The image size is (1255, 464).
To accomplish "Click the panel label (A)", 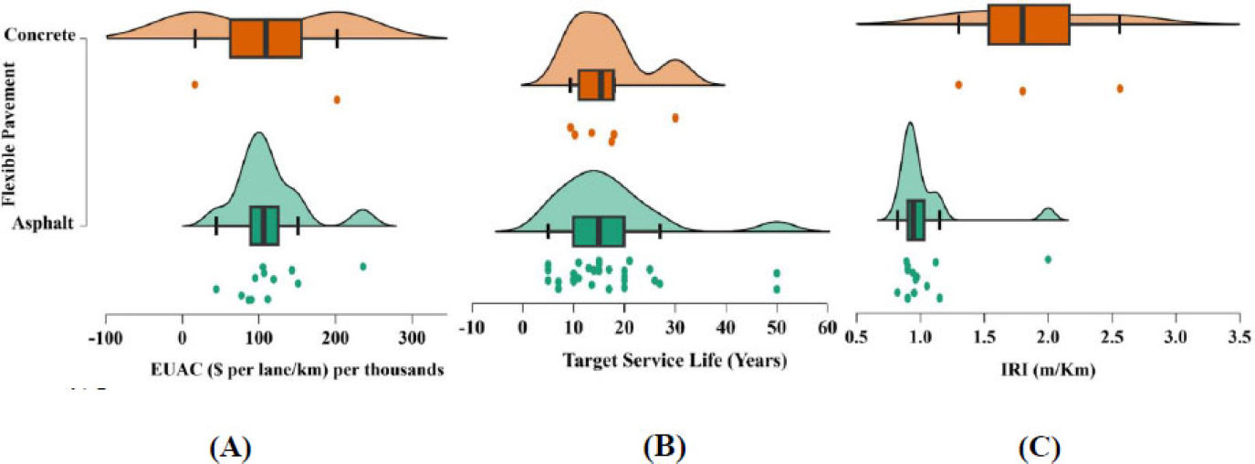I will click(x=229, y=448).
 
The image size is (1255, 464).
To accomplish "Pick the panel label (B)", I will click(x=664, y=448).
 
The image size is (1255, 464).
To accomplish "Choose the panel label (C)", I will click(x=1040, y=448).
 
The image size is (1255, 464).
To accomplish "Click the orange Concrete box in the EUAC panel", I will click(x=266, y=38).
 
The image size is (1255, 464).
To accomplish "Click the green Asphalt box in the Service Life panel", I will click(x=599, y=231).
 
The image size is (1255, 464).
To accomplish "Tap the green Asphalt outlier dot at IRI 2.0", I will click(x=1048, y=259).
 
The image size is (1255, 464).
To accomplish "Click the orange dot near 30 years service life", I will click(x=675, y=118).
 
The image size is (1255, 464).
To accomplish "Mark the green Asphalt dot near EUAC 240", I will click(x=363, y=267).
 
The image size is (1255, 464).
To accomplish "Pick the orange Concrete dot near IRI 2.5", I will click(x=1120, y=88).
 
